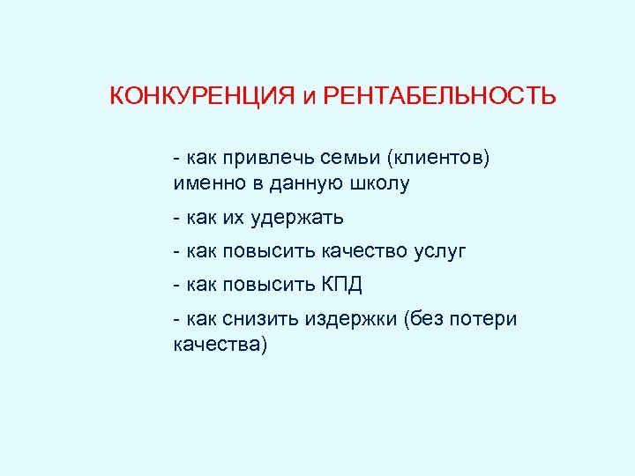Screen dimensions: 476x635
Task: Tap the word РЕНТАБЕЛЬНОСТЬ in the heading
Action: coord(440,96)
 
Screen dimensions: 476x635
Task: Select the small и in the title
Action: coord(308,98)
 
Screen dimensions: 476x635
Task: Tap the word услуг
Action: coord(439,251)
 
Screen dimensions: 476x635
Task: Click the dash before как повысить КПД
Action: coord(178,286)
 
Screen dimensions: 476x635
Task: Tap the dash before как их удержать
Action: coord(178,217)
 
